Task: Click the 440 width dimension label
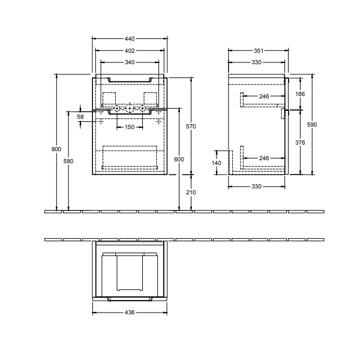[130, 39]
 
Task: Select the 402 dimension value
[130, 50]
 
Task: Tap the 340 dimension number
[130, 62]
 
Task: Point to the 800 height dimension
[56, 149]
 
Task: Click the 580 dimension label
[68, 161]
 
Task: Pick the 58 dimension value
[80, 116]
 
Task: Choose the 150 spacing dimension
[130, 127]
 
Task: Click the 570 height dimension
[191, 126]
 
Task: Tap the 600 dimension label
[179, 160]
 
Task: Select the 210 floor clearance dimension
[191, 192]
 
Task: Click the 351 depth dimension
[259, 50]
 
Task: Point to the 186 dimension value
[300, 94]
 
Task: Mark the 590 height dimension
[312, 124]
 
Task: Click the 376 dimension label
[300, 143]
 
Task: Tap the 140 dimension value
[216, 163]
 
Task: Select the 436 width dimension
[130, 312]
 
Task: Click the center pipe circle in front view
[130, 108]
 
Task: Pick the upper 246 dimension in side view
[264, 96]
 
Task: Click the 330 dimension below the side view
[256, 186]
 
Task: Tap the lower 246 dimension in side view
[264, 158]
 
